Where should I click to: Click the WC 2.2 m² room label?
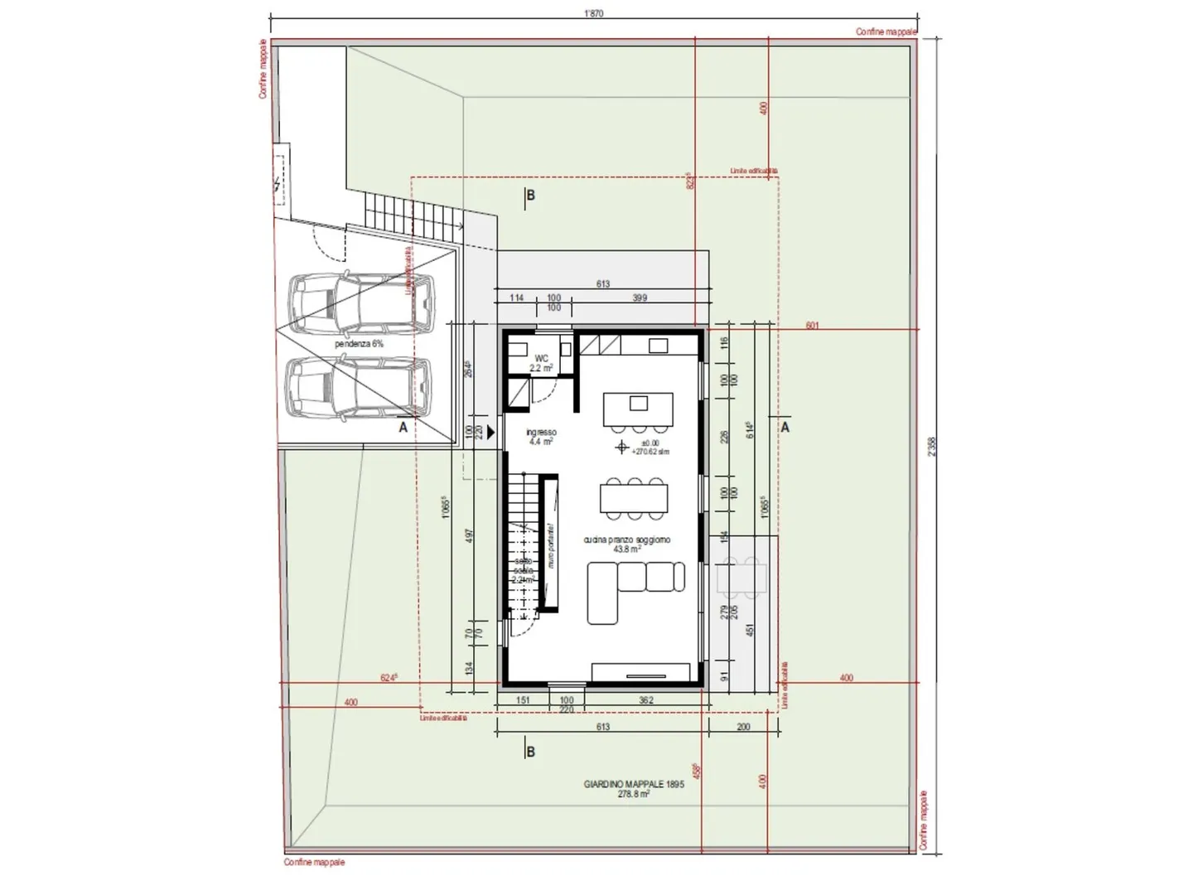click(542, 363)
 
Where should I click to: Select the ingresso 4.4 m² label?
click(541, 437)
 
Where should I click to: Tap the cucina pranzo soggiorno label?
click(626, 544)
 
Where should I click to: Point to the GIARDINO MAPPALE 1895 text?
click(634, 788)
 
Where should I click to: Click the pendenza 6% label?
click(359, 343)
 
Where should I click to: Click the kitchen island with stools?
click(636, 410)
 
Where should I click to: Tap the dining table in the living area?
click(634, 497)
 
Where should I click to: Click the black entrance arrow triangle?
click(491, 432)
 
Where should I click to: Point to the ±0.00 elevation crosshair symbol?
click(621, 447)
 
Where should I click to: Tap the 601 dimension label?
click(812, 326)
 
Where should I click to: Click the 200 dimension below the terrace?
click(743, 727)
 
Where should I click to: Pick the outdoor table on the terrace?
click(741, 578)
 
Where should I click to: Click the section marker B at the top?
click(530, 196)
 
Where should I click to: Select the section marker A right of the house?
click(785, 428)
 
